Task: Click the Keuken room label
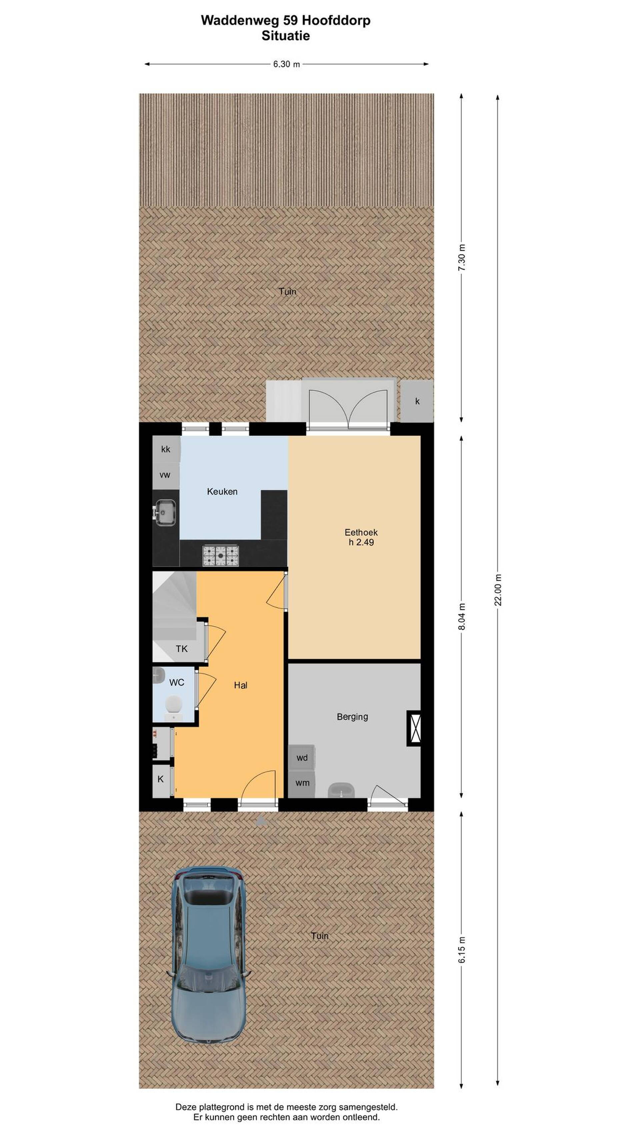(x=222, y=491)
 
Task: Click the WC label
(x=177, y=682)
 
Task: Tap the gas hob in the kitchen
(x=220, y=555)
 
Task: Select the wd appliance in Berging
(x=302, y=758)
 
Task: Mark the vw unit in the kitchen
(x=165, y=475)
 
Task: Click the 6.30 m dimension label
(x=286, y=64)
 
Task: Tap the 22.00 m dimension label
(x=498, y=590)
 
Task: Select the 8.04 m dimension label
(x=462, y=616)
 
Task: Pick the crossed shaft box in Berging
(x=414, y=728)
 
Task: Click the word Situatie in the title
(x=285, y=35)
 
